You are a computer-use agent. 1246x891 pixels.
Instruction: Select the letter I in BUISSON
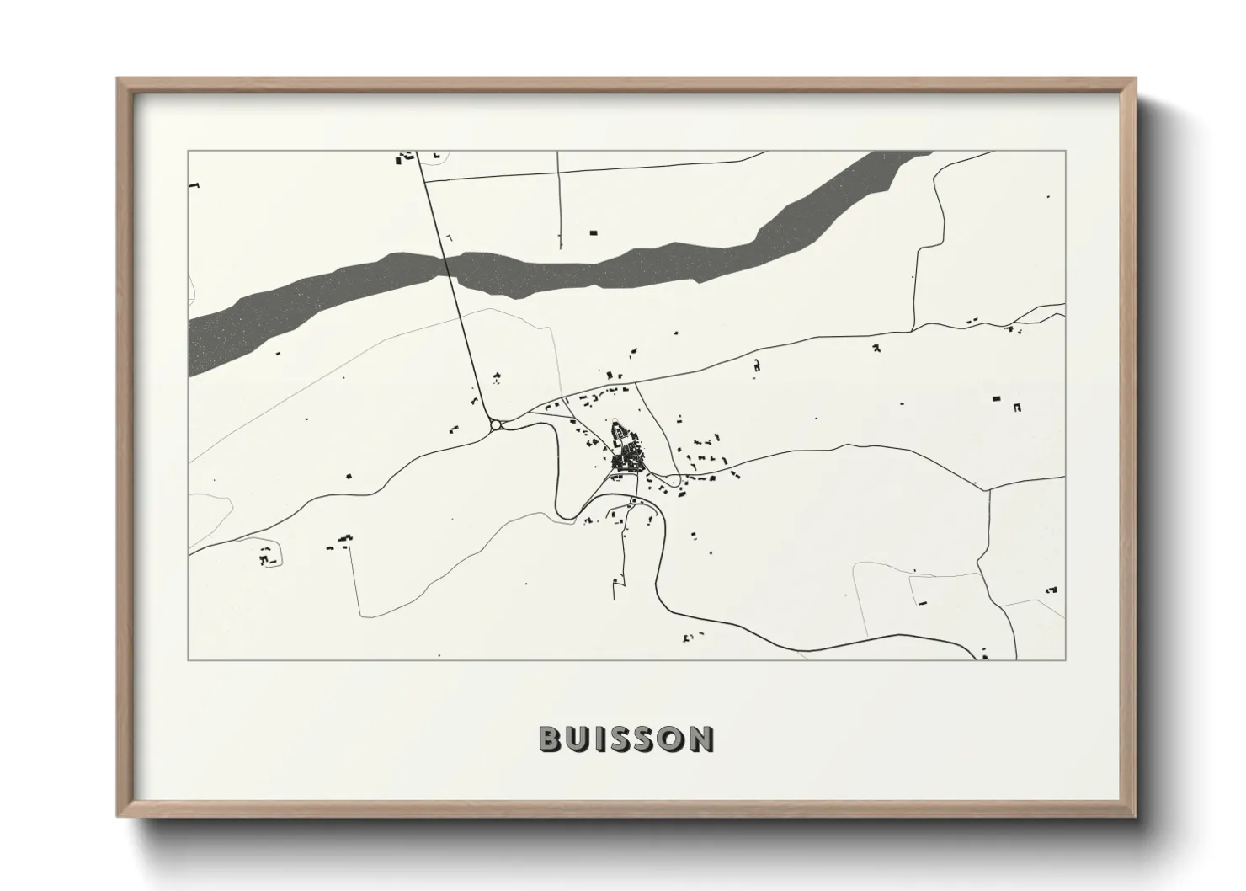[600, 739]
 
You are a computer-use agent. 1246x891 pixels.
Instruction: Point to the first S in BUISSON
[622, 739]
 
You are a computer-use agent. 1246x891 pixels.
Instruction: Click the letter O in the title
[675, 739]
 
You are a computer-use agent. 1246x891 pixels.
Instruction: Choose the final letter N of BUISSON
[704, 739]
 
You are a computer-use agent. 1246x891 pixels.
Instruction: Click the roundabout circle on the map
[494, 425]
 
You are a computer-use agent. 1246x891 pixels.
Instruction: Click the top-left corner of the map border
[188, 152]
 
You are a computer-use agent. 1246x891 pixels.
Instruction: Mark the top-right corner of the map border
[1065, 152]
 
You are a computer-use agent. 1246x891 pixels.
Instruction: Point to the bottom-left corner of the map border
[188, 659]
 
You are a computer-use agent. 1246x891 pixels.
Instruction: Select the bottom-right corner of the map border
[1065, 659]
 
